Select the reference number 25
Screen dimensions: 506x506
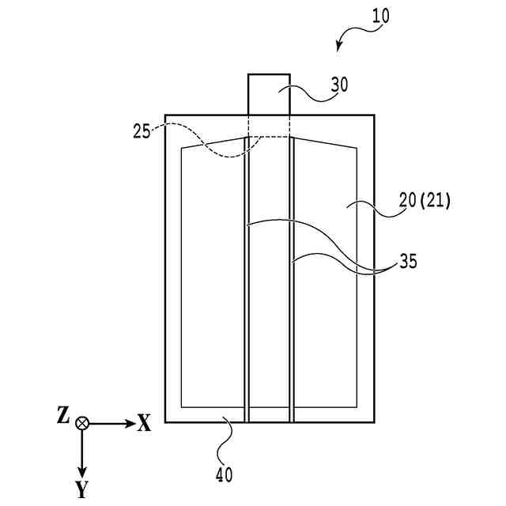click(x=142, y=130)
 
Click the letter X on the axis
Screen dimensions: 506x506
click(x=144, y=424)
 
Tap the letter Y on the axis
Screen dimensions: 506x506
click(x=82, y=490)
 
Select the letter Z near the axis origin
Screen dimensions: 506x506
click(x=63, y=415)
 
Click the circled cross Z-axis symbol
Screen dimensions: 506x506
click(x=82, y=424)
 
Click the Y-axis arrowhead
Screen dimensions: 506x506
click(x=82, y=472)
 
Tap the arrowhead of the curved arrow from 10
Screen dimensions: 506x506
click(x=339, y=47)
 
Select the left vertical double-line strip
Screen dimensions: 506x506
click(x=247, y=277)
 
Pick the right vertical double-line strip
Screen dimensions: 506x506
click(x=292, y=277)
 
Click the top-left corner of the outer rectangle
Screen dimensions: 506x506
click(x=165, y=115)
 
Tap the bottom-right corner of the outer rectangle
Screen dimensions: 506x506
click(x=374, y=422)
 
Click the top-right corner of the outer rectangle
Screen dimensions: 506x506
click(x=374, y=115)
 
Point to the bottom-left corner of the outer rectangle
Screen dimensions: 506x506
click(x=165, y=422)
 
